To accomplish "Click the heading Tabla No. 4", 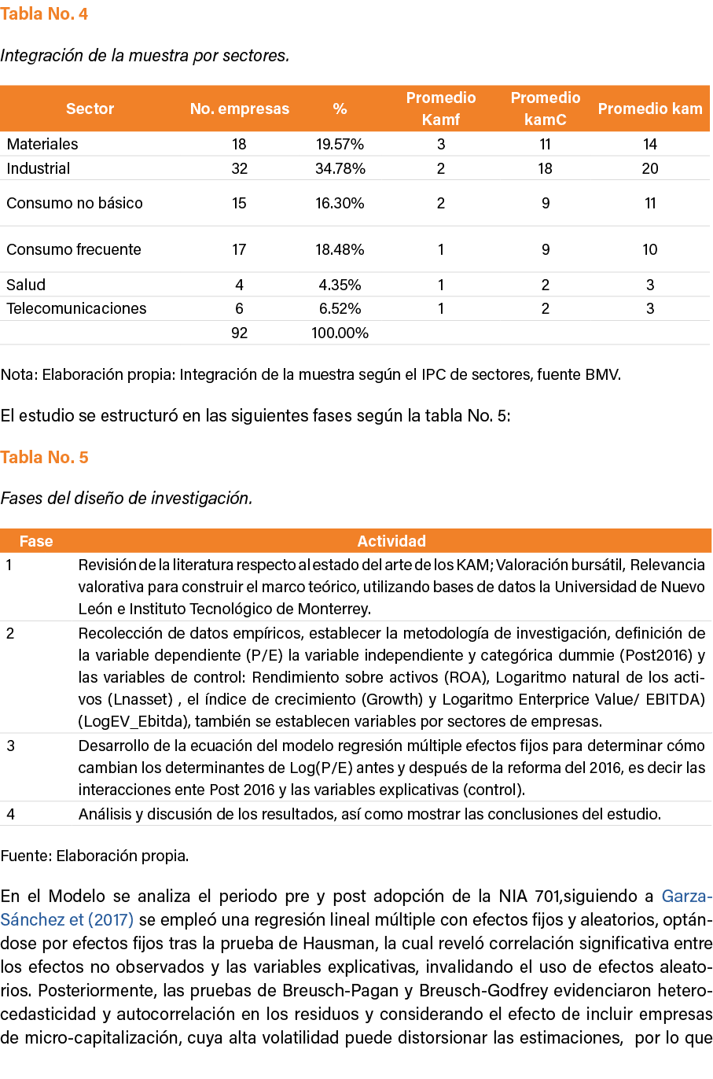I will tap(44, 13).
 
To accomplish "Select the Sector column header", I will tap(90, 109).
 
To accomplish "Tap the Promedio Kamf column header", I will tap(440, 109).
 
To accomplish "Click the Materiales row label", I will tap(42, 144).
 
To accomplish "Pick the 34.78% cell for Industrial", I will tap(340, 168).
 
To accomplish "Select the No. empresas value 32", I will tap(239, 168).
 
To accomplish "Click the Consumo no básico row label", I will tap(75, 203).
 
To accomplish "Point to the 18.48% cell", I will tap(340, 249).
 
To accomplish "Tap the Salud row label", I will tap(26, 285).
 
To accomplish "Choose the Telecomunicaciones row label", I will tap(76, 308).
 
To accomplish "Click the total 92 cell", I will tap(239, 333).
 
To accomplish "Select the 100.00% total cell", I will tap(340, 333).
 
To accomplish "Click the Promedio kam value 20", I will tap(649, 168).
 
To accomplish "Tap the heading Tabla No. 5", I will tap(44, 457).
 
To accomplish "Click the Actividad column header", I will tap(391, 541).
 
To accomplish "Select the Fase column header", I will tap(36, 541).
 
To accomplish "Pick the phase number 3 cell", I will tap(10, 746).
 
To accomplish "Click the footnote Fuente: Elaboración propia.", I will tap(94, 856).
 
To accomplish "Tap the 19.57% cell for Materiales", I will tap(340, 144).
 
